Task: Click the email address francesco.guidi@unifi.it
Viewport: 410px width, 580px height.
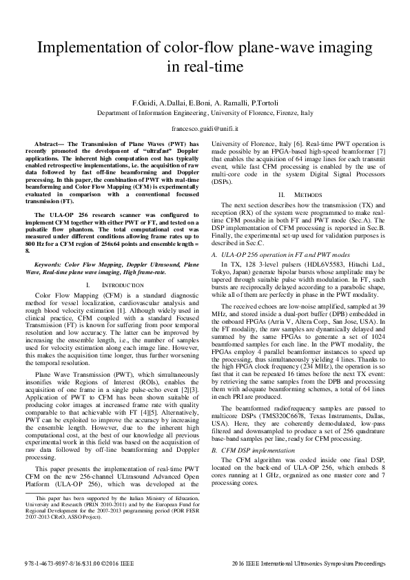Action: (x=204, y=129)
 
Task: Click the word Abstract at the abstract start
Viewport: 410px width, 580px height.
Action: (x=57, y=145)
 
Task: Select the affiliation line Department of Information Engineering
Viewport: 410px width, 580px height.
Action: (x=204, y=112)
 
